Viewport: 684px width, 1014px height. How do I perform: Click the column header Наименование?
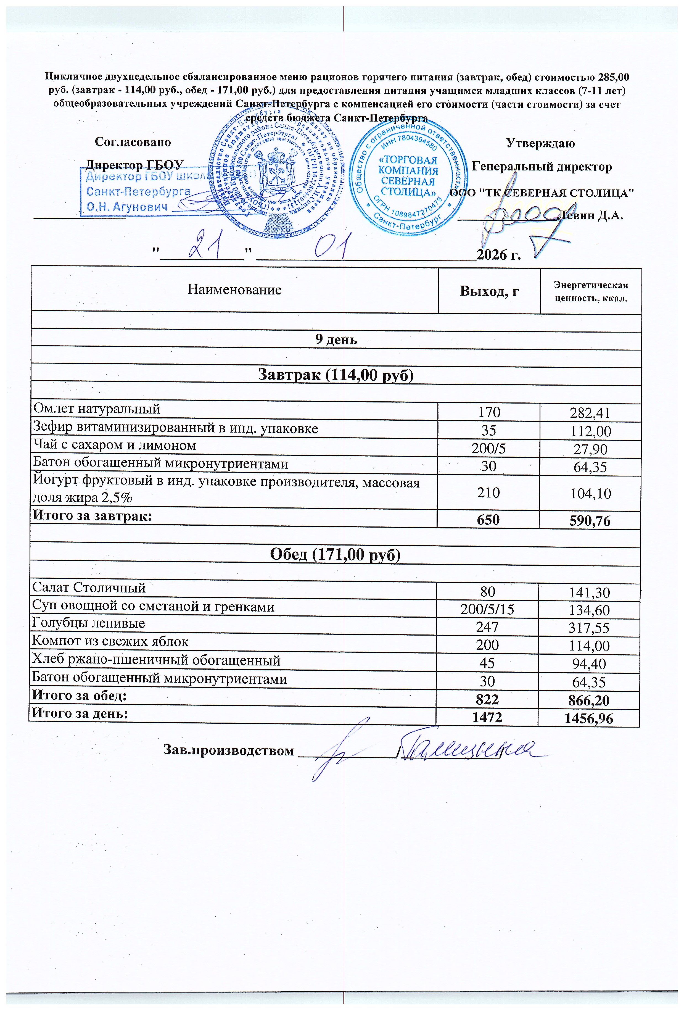pos(234,290)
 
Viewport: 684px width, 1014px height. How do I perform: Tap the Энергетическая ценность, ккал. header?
pos(591,291)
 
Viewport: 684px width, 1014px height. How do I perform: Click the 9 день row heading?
pos(336,339)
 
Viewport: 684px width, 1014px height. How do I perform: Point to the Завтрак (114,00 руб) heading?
pos(336,375)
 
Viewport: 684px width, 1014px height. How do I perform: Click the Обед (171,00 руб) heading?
pos(335,555)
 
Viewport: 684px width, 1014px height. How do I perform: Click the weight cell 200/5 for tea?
pos(488,448)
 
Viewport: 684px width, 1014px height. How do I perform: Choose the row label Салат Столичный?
pos(89,588)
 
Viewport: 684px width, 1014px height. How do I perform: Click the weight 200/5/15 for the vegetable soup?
pos(487,609)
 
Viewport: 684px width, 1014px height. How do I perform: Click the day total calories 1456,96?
pos(589,719)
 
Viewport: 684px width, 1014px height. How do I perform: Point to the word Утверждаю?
pos(540,143)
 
